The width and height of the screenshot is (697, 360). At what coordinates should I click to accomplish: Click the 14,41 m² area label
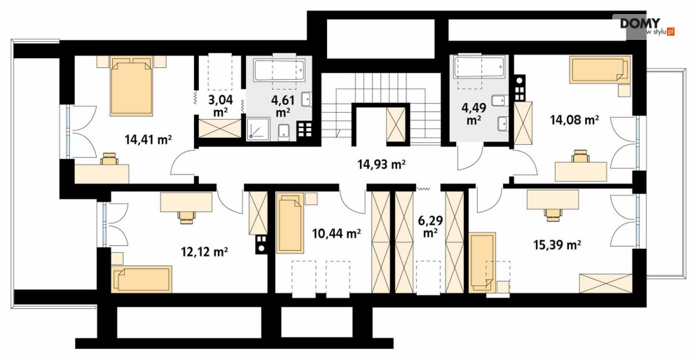tap(149, 140)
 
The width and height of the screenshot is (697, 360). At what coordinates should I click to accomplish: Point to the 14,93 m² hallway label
tap(382, 165)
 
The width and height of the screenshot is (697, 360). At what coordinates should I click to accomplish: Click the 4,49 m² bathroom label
tap(474, 113)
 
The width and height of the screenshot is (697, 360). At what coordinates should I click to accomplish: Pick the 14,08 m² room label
tap(574, 119)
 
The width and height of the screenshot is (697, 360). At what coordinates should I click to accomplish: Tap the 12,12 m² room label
tap(205, 252)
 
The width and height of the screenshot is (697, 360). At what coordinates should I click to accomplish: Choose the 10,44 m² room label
tap(336, 233)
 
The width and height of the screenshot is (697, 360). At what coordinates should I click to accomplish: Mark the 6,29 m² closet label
tap(429, 226)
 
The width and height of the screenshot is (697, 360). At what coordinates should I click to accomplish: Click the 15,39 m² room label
tap(558, 244)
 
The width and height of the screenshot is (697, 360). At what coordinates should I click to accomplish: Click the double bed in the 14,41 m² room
tap(132, 85)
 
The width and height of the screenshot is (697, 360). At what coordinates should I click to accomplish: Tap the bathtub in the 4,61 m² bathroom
tap(280, 70)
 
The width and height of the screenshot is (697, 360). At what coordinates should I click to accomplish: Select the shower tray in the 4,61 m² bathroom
tap(258, 129)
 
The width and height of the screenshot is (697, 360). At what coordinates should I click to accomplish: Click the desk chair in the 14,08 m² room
tap(581, 156)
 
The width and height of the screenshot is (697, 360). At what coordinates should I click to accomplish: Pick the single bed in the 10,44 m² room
tap(290, 223)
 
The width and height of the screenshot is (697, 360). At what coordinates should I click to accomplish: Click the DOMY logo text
tap(640, 22)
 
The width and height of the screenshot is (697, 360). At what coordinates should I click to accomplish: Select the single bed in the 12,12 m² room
tap(142, 279)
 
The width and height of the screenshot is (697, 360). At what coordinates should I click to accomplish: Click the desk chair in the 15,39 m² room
tap(553, 215)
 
